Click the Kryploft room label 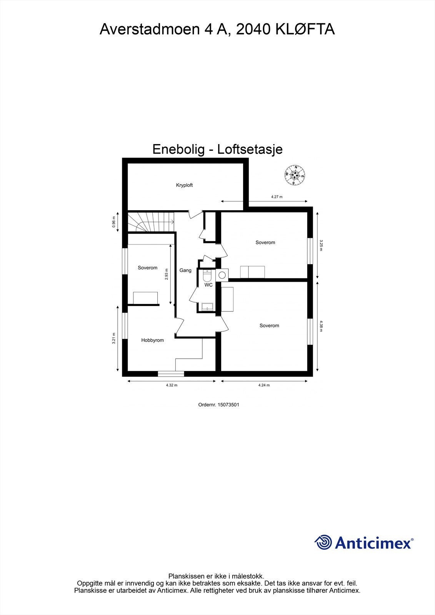[184, 185]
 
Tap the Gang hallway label [185, 271]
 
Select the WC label [208, 285]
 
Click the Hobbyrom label [152, 340]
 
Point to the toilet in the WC [207, 276]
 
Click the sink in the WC [208, 307]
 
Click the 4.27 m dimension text [277, 197]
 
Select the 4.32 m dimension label [172, 385]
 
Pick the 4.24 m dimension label [264, 385]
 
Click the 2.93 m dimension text [167, 274]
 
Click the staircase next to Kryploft [150, 222]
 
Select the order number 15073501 [218, 405]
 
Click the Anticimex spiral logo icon [323, 542]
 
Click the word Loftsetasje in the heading [250, 149]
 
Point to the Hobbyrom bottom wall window [171, 373]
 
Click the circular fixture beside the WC [222, 275]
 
